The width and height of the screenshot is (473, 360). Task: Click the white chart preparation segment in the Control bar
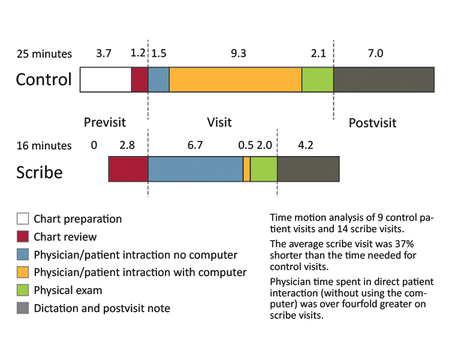106,80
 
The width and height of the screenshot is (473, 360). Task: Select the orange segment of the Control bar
235,80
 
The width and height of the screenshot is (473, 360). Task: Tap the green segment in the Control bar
317,80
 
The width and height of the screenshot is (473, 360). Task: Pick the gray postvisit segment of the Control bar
384,80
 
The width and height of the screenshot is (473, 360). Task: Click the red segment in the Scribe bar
128,169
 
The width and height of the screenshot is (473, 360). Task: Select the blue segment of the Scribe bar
195,169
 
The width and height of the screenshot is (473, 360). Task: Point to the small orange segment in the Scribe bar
246,169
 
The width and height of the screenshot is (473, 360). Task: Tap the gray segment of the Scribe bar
308,169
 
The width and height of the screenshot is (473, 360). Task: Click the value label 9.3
238,53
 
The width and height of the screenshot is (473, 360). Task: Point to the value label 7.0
375,53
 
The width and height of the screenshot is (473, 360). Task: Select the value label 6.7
196,145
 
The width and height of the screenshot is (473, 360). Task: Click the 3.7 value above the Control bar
104,53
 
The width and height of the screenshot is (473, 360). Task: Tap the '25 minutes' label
44,54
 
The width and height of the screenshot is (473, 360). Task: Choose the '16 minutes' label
44,146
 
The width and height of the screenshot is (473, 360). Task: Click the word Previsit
105,122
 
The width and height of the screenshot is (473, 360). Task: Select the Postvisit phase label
372,123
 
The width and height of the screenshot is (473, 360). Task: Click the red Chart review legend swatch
23,236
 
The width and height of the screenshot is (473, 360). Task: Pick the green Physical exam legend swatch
23,290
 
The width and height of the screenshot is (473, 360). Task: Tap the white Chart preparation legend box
23,218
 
